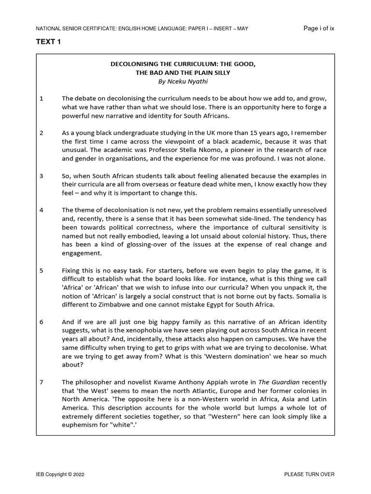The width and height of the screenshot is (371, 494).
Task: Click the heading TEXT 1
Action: pyautogui.click(x=48, y=42)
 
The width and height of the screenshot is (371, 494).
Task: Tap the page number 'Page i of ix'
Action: pyautogui.click(x=318, y=28)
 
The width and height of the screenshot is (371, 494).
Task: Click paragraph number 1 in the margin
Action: pyautogui.click(x=42, y=99)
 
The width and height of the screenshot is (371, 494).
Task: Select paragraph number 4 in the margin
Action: pyautogui.click(x=42, y=210)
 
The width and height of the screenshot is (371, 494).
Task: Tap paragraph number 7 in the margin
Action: pyautogui.click(x=42, y=383)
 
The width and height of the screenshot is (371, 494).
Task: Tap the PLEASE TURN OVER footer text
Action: pyautogui.click(x=309, y=474)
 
